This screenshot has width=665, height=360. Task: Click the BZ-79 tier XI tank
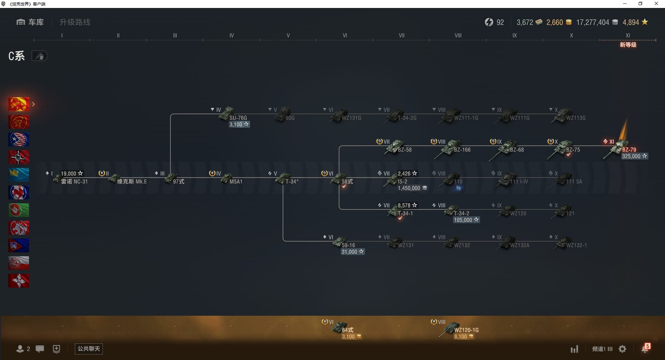pyautogui.click(x=620, y=149)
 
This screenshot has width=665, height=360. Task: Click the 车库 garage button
pyautogui.click(x=30, y=22)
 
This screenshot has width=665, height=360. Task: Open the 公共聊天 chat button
pyautogui.click(x=89, y=349)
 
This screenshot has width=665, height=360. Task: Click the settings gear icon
pyautogui.click(x=622, y=349)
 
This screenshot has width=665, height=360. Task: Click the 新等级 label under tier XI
pyautogui.click(x=628, y=45)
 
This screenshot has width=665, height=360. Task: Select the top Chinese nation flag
pyautogui.click(x=19, y=104)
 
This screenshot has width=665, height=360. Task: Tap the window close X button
pyautogui.click(x=656, y=4)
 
